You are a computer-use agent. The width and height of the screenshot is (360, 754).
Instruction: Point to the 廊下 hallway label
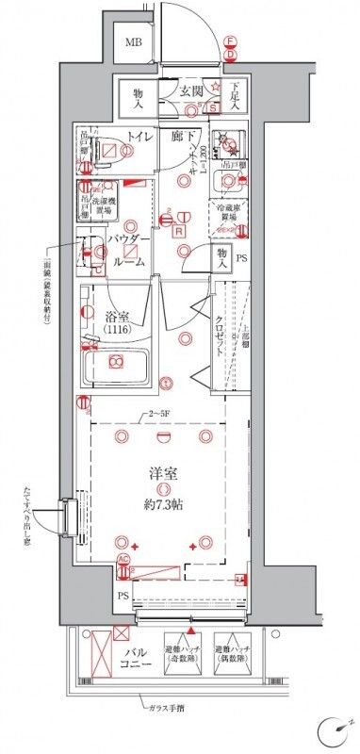click(x=184, y=138)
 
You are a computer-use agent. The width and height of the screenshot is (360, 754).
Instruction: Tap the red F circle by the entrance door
click(x=230, y=40)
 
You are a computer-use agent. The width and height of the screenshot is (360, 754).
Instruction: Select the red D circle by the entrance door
click(x=230, y=56)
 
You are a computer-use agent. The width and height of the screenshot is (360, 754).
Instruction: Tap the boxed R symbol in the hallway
click(x=178, y=229)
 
